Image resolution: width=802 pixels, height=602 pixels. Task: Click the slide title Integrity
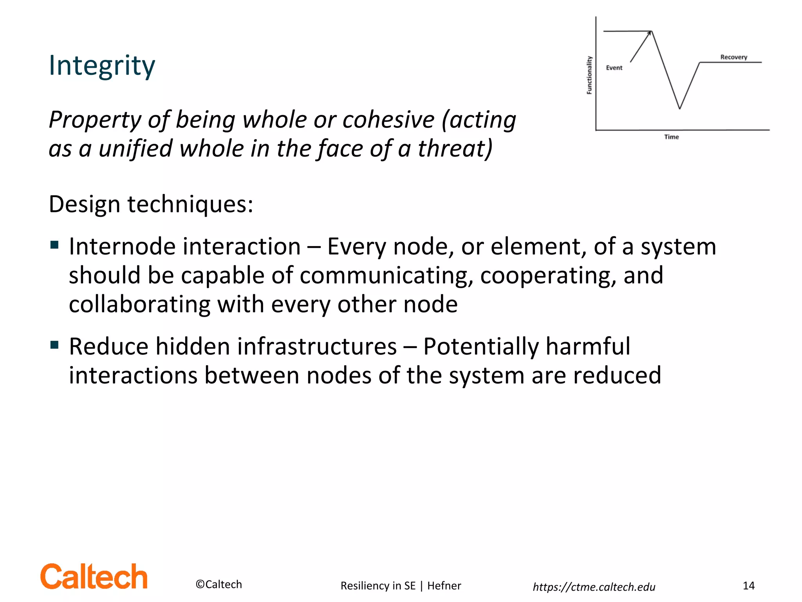pos(102,65)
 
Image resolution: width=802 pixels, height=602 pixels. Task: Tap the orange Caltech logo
pos(94,577)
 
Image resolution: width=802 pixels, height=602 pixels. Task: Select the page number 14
pos(748,586)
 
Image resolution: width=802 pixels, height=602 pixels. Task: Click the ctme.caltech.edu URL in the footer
pos(594,587)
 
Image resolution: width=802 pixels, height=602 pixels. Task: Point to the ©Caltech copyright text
pos(219,584)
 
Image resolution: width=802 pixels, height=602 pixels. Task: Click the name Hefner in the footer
pos(444,586)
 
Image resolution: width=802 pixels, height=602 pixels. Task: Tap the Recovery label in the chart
pos(733,57)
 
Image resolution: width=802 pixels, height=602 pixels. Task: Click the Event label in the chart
pos(614,68)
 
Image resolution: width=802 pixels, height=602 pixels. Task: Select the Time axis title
pos(671,137)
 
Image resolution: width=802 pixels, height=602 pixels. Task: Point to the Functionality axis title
pos(589,75)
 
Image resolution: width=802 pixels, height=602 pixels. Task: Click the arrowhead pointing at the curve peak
pos(650,33)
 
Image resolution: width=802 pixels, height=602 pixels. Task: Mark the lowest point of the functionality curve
pos(679,108)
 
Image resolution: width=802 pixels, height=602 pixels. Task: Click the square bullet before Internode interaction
pos(54,246)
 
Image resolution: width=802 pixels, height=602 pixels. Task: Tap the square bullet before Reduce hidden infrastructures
pos(54,345)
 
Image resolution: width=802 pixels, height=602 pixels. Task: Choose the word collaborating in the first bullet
pos(139,305)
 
